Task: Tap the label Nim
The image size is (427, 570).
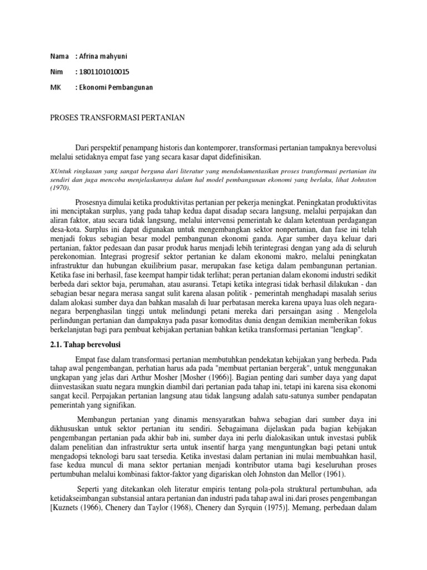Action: point(56,72)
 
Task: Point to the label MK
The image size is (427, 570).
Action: point(54,88)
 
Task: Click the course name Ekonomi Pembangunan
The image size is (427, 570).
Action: point(116,88)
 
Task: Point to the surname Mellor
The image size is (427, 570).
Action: point(313,474)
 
